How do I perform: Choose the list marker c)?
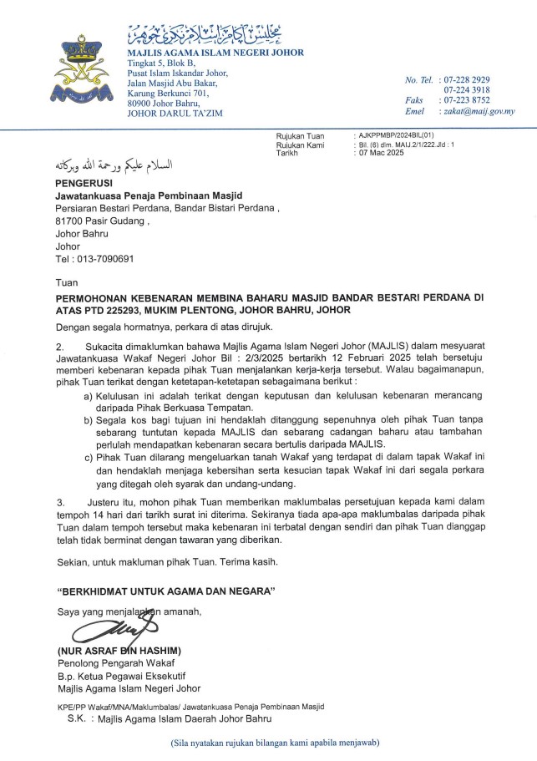click(89, 459)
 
